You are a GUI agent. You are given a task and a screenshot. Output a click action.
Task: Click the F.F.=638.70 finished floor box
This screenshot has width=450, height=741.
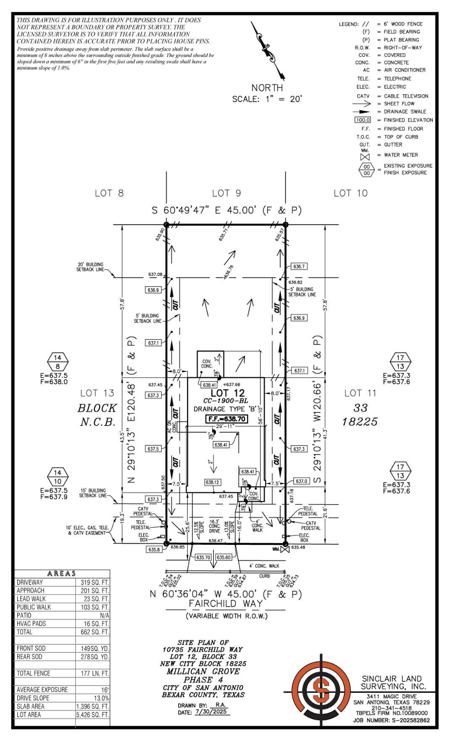(226, 419)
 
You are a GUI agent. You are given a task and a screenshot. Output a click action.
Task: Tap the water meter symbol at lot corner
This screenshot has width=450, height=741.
(285, 549)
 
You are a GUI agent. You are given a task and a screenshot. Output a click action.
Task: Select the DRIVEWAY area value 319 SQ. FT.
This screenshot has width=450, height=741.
(95, 583)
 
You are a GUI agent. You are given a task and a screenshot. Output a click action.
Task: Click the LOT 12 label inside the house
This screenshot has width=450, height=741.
(227, 393)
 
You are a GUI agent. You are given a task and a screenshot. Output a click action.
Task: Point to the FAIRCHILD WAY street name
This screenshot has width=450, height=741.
(226, 604)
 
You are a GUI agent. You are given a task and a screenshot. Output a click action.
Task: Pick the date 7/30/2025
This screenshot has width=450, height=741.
(211, 712)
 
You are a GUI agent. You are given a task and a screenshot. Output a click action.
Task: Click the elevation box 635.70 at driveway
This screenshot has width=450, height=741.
(203, 557)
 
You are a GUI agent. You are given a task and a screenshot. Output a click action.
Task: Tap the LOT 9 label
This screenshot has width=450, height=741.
(226, 193)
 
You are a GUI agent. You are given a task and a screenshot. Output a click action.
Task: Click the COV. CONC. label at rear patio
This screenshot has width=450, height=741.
(207, 364)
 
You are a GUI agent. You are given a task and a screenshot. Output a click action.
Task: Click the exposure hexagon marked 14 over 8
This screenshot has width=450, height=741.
(58, 362)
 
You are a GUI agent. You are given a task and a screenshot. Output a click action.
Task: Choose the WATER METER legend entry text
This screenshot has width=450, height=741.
(401, 155)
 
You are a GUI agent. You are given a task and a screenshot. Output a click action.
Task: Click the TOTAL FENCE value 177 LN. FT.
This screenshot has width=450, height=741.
(95, 673)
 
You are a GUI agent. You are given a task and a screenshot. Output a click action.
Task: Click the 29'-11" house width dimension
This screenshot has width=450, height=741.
(225, 426)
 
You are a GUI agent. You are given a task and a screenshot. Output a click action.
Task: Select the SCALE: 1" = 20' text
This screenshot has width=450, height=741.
(267, 99)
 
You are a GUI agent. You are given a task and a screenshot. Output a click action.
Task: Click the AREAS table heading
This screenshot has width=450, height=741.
(62, 574)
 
